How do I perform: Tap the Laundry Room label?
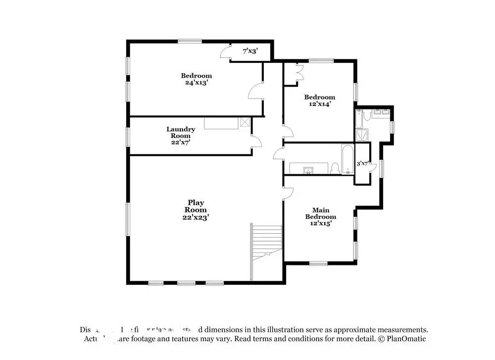[x=181, y=135]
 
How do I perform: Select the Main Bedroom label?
[x=320, y=216]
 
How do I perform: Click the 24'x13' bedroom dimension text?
[x=197, y=83]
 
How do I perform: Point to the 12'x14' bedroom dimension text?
[x=319, y=104]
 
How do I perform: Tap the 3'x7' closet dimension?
[x=363, y=163]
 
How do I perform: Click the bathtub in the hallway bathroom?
[x=347, y=159]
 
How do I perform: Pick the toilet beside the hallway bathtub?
[x=335, y=168]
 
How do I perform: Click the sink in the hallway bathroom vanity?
[x=308, y=170]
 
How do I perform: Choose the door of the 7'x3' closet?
[x=226, y=52]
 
